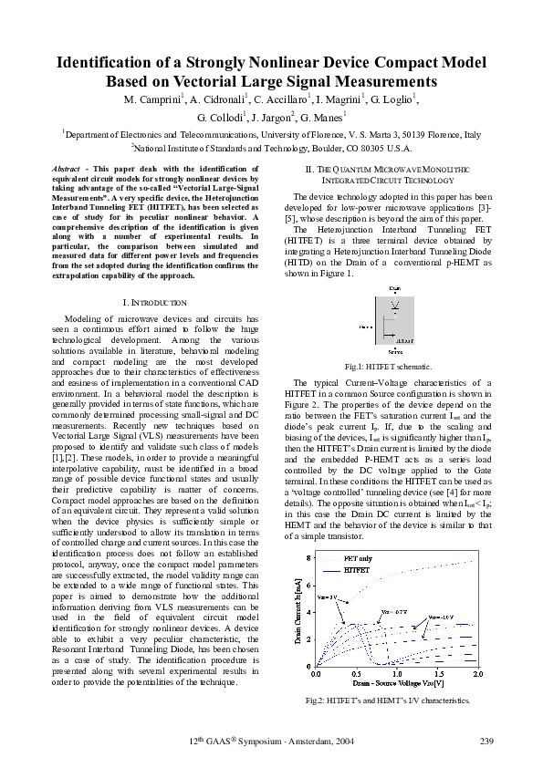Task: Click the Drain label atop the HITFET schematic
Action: click(394, 287)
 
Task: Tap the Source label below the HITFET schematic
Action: click(395, 350)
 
